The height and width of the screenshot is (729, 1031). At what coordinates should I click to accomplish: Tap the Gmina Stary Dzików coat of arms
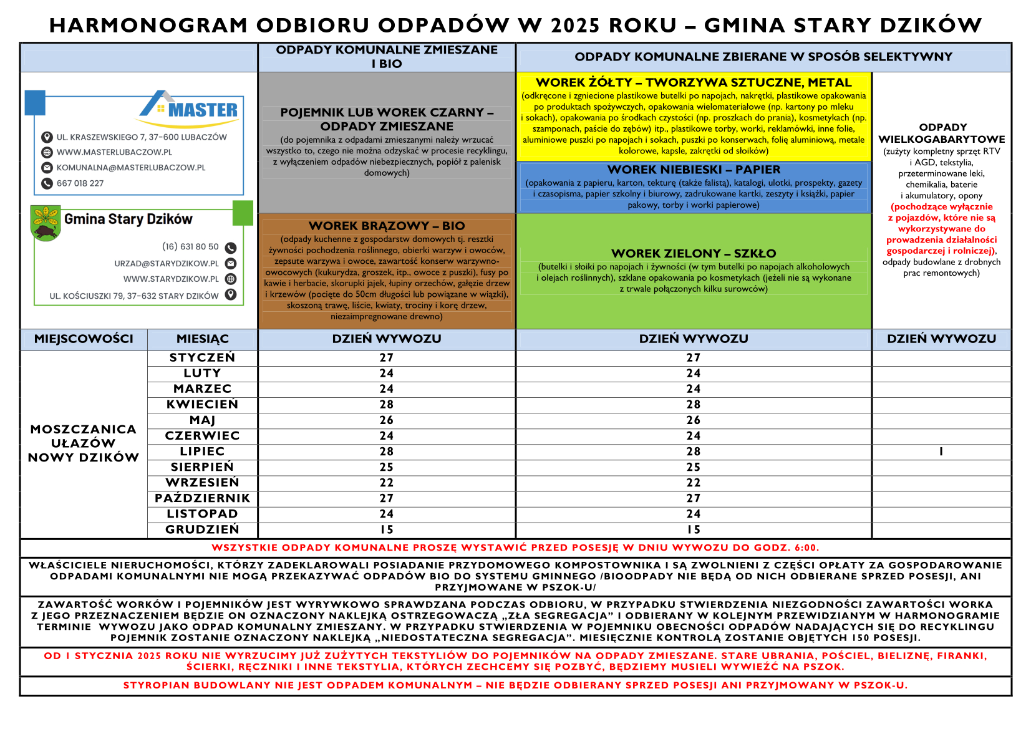46,222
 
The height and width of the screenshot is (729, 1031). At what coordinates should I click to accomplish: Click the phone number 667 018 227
80,183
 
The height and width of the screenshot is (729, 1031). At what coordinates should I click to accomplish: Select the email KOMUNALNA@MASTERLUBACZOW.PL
130,168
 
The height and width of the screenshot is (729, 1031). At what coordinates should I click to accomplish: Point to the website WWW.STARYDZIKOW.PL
170,279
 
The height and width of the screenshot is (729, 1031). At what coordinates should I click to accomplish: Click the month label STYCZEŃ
202,357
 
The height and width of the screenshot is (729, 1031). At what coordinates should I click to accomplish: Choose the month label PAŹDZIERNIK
202,498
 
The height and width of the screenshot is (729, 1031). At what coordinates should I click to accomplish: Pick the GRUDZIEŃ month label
202,529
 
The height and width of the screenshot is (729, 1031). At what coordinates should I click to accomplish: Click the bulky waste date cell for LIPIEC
941,451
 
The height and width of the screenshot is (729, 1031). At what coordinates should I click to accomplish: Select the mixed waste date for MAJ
387,420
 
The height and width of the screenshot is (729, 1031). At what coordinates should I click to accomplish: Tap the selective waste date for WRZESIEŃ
693,483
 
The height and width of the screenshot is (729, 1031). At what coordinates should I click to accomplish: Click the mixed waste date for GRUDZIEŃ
387,529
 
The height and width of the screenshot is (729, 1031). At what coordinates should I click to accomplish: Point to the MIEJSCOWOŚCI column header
84,339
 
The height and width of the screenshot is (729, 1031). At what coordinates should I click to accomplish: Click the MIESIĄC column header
202,339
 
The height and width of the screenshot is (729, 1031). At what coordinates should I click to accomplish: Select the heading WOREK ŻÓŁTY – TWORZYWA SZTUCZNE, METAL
693,82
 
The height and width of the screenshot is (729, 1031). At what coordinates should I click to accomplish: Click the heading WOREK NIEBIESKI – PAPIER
693,170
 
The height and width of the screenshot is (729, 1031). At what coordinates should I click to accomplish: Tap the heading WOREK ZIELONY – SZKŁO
693,253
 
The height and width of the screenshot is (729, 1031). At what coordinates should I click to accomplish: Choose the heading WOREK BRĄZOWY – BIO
387,226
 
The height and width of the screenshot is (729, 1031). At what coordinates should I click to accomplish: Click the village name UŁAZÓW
84,443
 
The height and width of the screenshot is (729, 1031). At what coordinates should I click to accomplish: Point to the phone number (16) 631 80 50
190,247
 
